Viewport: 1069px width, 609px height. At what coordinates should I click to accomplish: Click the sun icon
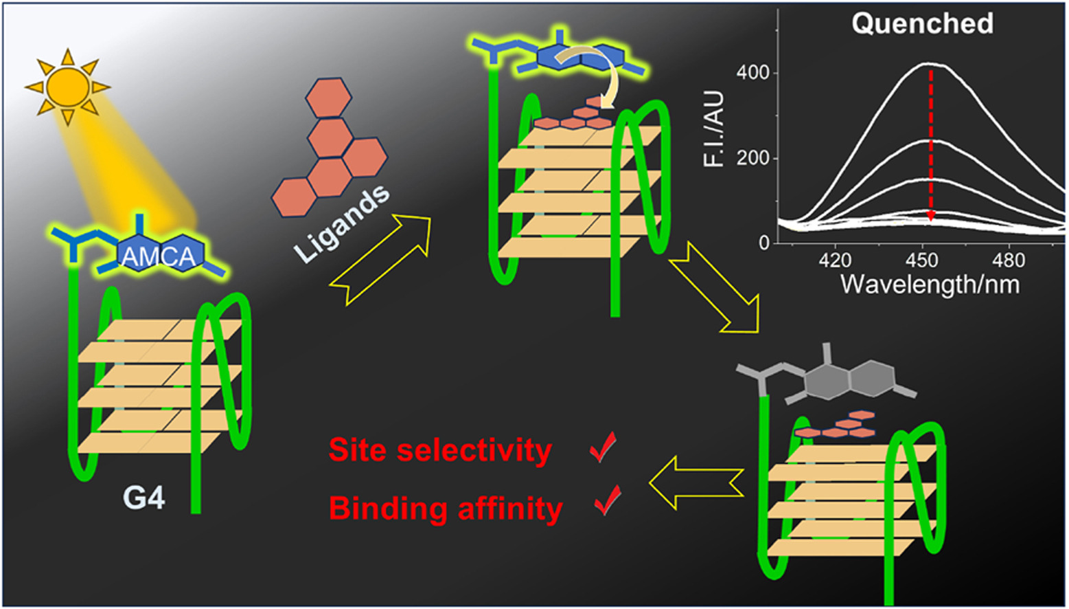tap(67, 87)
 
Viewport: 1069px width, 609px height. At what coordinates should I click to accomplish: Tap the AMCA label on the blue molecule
tap(159, 256)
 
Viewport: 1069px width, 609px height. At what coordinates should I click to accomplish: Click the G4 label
tap(143, 497)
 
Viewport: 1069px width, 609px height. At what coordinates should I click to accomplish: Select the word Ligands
tap(342, 223)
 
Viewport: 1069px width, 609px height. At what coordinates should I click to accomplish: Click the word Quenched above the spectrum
tap(922, 24)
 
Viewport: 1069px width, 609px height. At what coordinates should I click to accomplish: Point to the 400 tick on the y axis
tap(752, 73)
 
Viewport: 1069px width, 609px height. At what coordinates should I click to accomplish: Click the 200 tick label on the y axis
tap(752, 158)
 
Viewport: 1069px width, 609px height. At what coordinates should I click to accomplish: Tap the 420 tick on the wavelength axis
tap(835, 261)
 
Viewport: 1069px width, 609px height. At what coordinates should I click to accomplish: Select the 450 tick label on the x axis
tap(921, 261)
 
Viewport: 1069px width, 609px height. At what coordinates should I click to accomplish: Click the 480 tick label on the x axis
tap(1008, 261)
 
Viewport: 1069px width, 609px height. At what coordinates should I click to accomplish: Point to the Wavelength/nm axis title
tap(930, 284)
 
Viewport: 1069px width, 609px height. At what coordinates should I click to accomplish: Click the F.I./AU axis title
tap(714, 129)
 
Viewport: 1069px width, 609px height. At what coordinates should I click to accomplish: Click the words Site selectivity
tap(440, 450)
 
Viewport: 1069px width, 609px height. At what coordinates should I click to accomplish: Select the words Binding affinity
tap(446, 509)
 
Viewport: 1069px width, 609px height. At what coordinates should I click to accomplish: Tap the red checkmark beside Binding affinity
tap(608, 500)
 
